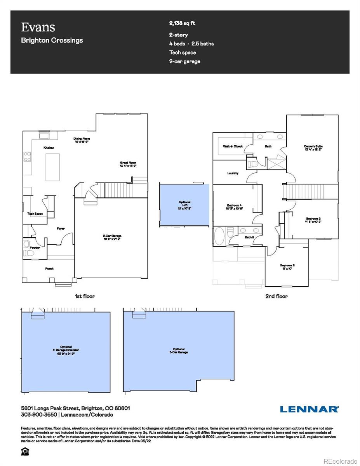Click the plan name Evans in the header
point(38,27)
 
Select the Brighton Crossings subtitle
point(52,40)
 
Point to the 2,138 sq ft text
point(182,23)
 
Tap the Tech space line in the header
point(183,52)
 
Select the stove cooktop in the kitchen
point(28,156)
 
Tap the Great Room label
point(128,164)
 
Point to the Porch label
point(49,268)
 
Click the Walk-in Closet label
point(233,146)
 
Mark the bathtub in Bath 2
point(219,236)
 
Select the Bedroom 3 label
point(287,267)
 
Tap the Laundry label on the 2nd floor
point(233,173)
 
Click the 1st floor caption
point(85,296)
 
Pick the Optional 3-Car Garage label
point(179,350)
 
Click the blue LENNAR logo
point(309,409)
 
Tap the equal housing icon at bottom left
point(26,452)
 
